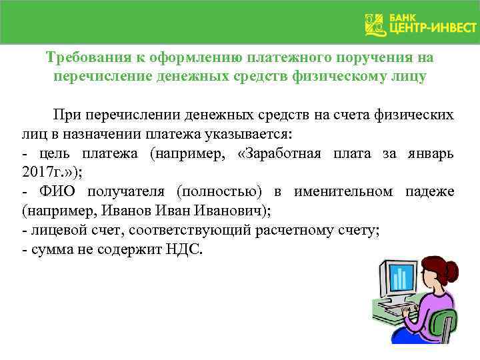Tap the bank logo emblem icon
(x=375, y=25)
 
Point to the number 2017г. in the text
(x=41, y=173)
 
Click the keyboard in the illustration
(x=400, y=310)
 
